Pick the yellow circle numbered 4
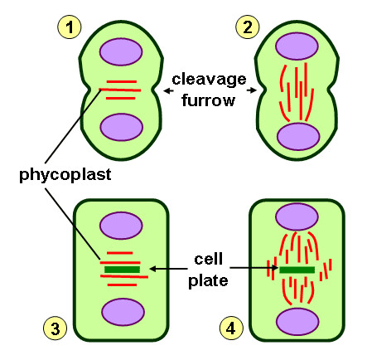[231, 329]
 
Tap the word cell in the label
[206, 257]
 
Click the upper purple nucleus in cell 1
[121, 52]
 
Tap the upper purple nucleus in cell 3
[121, 226]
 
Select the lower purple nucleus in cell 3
[121, 312]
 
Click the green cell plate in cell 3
[122, 269]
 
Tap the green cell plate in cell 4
[297, 270]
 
